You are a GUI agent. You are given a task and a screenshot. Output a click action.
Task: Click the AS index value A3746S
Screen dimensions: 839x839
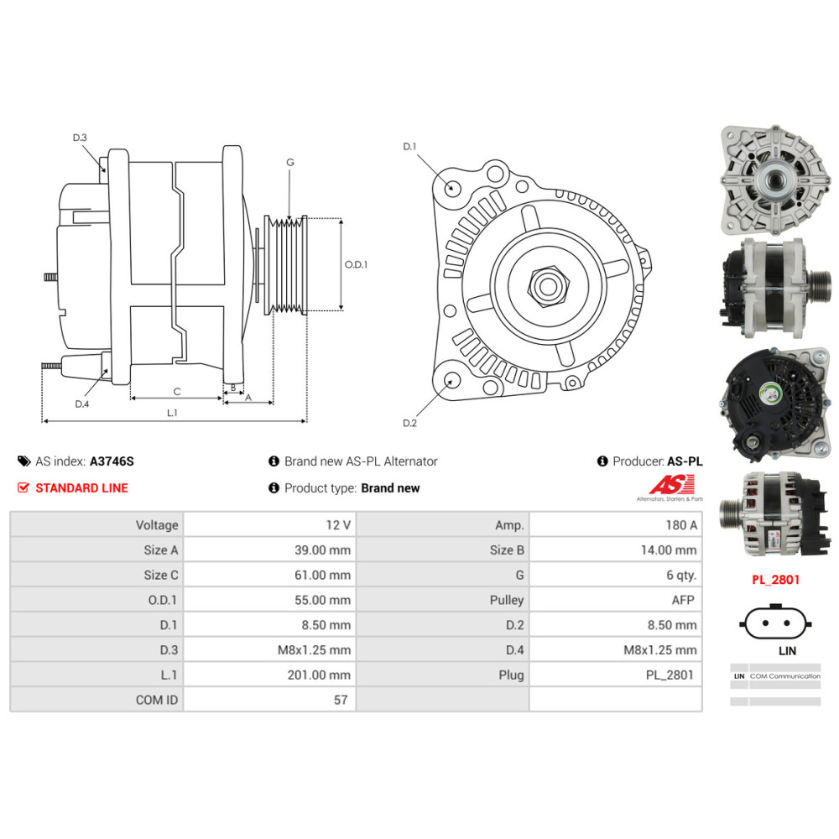coord(112,461)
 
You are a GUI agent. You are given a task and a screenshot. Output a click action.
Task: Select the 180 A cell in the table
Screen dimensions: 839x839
coord(681,525)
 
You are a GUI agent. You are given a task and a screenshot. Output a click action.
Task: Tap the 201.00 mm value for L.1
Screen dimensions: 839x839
coord(319,675)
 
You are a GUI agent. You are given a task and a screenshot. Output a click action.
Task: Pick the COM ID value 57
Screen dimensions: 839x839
coord(341,700)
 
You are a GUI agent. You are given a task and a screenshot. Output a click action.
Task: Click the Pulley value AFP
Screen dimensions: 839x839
coord(683,601)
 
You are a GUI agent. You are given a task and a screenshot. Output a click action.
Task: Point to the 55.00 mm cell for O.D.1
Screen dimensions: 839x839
coord(323,600)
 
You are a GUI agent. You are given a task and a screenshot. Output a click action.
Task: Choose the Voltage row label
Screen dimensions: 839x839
coord(157,525)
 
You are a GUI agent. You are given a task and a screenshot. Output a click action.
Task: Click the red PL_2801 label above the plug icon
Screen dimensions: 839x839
coord(775,580)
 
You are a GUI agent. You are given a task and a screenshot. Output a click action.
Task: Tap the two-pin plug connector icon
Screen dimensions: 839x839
coord(775,623)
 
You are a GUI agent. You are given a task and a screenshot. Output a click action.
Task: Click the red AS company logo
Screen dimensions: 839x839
coord(672,485)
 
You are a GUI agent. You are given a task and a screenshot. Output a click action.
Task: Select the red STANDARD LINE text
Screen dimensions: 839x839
coord(82,488)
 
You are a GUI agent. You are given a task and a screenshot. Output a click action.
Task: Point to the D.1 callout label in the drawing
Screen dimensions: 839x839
coord(409,147)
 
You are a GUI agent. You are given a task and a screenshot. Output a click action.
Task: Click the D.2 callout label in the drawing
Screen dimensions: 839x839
coord(409,423)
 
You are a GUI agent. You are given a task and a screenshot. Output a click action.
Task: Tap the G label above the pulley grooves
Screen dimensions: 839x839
coord(290,162)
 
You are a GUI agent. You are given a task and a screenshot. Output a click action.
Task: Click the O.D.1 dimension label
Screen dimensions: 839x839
coord(356,264)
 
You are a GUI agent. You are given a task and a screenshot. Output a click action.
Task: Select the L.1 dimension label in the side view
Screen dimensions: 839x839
coord(172,413)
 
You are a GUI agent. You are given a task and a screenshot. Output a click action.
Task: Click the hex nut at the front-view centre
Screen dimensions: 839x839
coord(547,286)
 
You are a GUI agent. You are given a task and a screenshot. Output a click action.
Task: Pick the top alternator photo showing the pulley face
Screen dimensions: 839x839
coord(774,180)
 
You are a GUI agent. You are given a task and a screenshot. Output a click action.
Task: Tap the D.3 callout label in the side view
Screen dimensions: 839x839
coord(80,138)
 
